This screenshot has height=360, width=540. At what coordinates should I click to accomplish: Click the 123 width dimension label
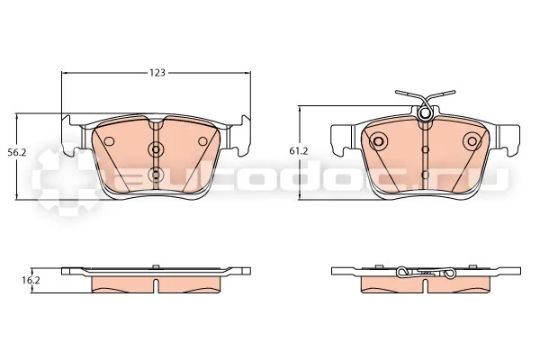click(x=157, y=73)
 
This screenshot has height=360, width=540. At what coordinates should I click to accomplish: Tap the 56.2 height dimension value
click(x=17, y=152)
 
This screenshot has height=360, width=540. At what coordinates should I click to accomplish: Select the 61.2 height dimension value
click(x=298, y=150)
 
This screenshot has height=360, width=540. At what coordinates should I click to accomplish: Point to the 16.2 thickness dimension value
click(x=31, y=281)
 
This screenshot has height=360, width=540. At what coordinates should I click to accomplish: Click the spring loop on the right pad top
click(x=425, y=113)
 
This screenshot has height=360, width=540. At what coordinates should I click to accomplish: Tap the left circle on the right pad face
click(x=378, y=141)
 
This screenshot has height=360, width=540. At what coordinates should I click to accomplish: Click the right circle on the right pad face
click(x=472, y=141)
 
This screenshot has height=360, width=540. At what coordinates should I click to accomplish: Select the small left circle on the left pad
click(x=109, y=141)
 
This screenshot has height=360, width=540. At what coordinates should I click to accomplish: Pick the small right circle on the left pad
click(x=202, y=141)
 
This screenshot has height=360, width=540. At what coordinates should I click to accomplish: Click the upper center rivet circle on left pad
click(x=156, y=149)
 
